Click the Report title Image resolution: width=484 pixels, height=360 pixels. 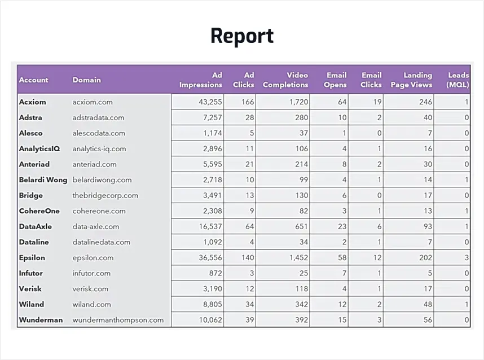click(x=242, y=36)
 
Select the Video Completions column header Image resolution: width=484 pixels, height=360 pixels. click(x=285, y=80)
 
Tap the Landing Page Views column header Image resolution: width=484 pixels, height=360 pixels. click(x=411, y=80)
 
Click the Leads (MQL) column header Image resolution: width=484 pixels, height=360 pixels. click(x=457, y=80)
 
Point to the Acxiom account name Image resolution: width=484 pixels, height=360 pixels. click(x=32, y=102)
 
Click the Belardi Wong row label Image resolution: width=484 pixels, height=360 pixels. click(x=43, y=179)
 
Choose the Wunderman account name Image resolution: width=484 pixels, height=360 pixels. click(x=41, y=320)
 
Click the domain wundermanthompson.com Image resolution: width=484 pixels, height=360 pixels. click(x=118, y=320)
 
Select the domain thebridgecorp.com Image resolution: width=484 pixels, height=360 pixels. click(x=105, y=195)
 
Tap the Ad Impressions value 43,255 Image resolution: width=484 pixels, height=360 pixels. click(x=210, y=102)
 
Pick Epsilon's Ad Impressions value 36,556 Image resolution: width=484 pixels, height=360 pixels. click(x=210, y=257)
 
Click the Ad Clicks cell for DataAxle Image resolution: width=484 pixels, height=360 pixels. click(x=249, y=226)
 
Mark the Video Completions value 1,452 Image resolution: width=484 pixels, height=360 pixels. click(x=298, y=257)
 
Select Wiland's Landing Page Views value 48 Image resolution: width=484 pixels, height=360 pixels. click(x=428, y=304)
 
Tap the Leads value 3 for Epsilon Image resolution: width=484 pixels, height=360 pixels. click(x=467, y=257)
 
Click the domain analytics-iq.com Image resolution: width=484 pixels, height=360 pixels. click(x=99, y=149)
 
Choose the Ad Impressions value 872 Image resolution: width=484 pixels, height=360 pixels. click(x=215, y=273)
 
